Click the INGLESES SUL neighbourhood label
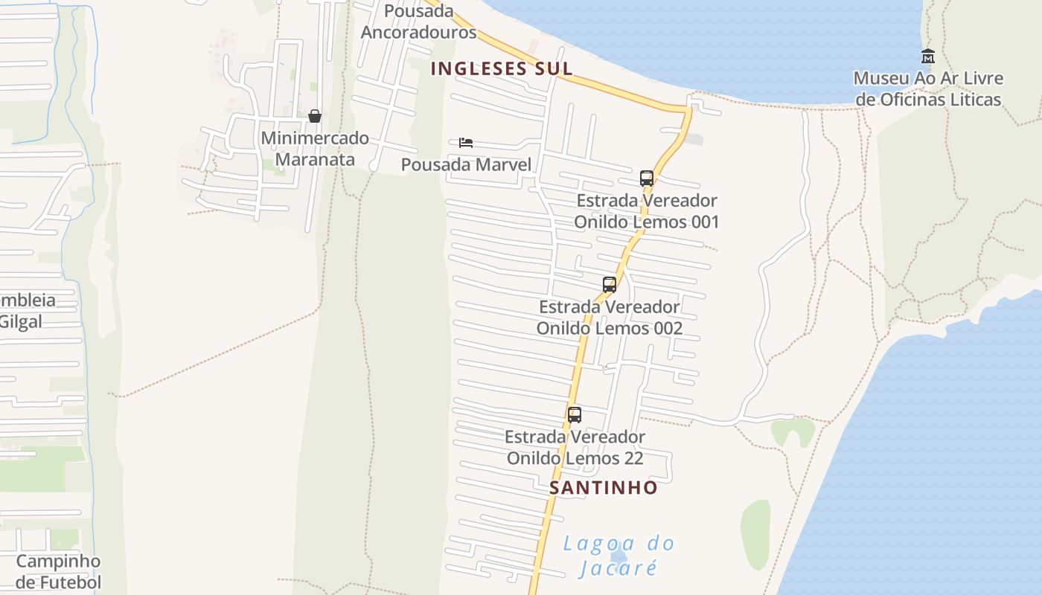pyautogui.click(x=502, y=68)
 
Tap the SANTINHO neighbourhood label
pyautogui.click(x=604, y=488)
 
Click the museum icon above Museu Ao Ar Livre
pyautogui.click(x=927, y=56)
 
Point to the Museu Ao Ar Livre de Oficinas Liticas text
pyautogui.click(x=928, y=89)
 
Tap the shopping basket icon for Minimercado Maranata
pyautogui.click(x=315, y=116)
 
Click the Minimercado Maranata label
pyautogui.click(x=315, y=149)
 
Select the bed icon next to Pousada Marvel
pyautogui.click(x=466, y=143)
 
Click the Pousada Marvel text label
pyautogui.click(x=467, y=164)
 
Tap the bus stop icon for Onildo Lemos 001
pyautogui.click(x=647, y=178)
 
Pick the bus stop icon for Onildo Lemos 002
pyautogui.click(x=610, y=285)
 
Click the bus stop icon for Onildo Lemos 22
pyautogui.click(x=575, y=415)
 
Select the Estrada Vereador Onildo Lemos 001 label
pyautogui.click(x=647, y=211)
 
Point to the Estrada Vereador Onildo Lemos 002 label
pyautogui.click(x=610, y=318)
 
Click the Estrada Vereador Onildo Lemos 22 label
pyautogui.click(x=575, y=447)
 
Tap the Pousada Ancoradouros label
pyautogui.click(x=418, y=22)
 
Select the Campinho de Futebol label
pyautogui.click(x=59, y=571)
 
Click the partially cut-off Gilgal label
pyautogui.click(x=21, y=322)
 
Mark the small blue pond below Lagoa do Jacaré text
pyautogui.click(x=617, y=556)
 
